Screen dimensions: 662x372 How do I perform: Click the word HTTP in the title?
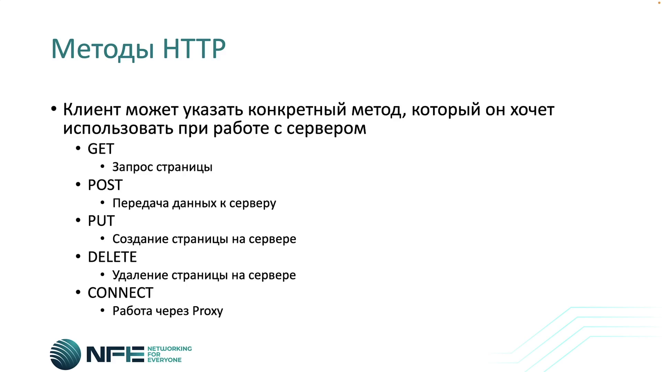[x=194, y=49]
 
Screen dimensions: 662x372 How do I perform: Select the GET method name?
[x=101, y=149]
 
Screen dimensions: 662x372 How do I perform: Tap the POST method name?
[x=105, y=185]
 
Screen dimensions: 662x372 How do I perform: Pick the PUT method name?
[x=101, y=221]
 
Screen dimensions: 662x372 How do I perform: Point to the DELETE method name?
[x=112, y=257]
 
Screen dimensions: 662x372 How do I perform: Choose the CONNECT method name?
[x=120, y=293]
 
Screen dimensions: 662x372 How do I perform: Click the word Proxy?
[x=208, y=311]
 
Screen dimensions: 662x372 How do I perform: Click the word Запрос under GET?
[x=132, y=167]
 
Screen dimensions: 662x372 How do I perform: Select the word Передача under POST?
[x=141, y=204]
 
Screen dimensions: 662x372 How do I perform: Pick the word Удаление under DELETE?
[x=140, y=275]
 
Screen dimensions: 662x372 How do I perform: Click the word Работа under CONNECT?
[x=132, y=311]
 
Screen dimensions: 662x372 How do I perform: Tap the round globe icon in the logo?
[x=66, y=354]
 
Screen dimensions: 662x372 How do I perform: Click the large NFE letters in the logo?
[x=115, y=354]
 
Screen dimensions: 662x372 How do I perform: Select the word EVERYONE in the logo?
[x=164, y=360]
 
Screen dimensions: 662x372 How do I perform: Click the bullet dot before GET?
[x=78, y=148]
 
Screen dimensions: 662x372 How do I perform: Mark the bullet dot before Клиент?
[x=53, y=109]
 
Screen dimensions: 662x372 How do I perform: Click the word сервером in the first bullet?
[x=326, y=128]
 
